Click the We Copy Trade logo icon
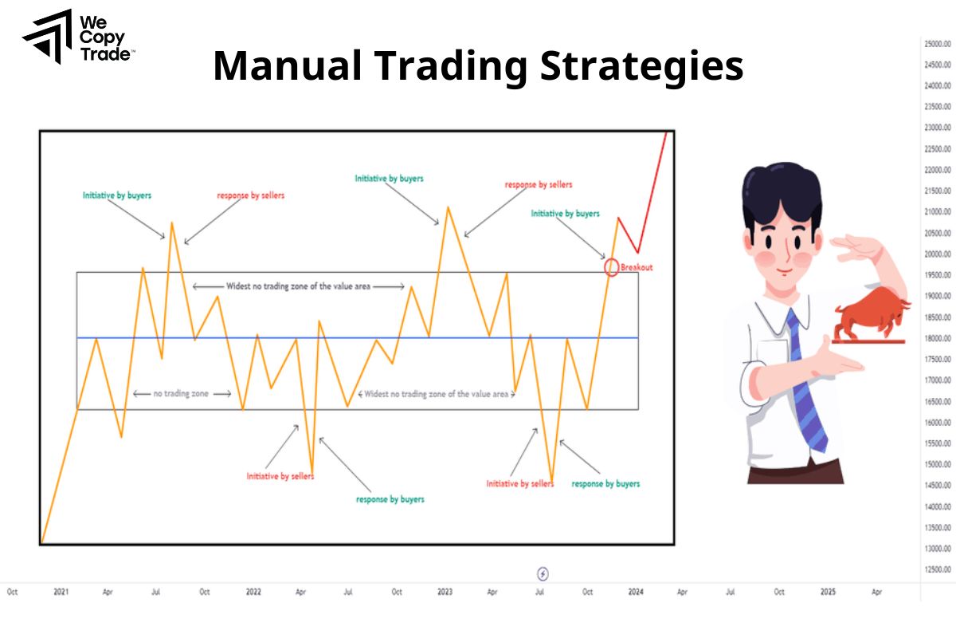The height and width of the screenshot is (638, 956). [x=47, y=37]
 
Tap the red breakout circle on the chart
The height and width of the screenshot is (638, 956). [x=612, y=267]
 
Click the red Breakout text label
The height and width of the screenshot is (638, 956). [x=637, y=268]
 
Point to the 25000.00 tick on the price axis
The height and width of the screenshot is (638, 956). [x=938, y=43]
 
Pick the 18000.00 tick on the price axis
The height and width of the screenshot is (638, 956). [x=938, y=338]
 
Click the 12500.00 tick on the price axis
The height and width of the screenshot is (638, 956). [x=938, y=569]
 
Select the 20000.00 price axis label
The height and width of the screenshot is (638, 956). [x=938, y=254]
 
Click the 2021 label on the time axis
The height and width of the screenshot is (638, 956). [x=61, y=592]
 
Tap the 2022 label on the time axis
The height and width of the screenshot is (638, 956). [x=253, y=592]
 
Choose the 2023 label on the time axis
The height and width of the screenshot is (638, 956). [x=445, y=592]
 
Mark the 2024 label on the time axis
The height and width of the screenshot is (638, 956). [x=636, y=592]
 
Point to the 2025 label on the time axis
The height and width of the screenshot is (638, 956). [x=828, y=592]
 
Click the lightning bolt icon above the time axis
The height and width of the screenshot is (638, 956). [x=543, y=573]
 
